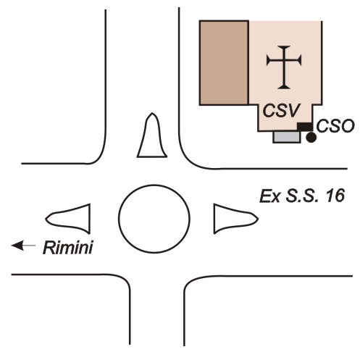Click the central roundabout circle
click(154, 185)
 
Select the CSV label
click(282, 111)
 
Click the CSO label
click(335, 126)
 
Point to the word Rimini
click(68, 248)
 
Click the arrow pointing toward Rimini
click(23, 246)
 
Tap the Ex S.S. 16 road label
click(302, 196)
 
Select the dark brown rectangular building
click(224, 63)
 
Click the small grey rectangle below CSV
click(287, 137)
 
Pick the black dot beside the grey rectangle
click(311, 138)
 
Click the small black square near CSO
click(304, 127)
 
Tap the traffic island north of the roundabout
click(152, 136)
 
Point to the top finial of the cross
click(284, 46)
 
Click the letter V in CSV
click(293, 111)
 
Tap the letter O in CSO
click(346, 126)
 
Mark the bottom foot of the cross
click(284, 88)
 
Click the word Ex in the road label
click(269, 196)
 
